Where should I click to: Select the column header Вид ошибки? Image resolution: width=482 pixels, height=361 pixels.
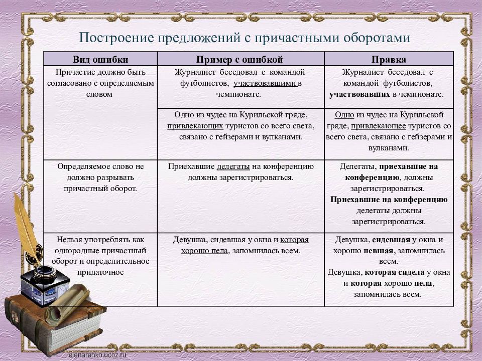(100, 60)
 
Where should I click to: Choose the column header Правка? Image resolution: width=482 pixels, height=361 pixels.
(389, 60)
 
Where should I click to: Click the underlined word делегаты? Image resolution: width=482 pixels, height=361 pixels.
(233, 166)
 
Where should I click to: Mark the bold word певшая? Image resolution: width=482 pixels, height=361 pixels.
(378, 251)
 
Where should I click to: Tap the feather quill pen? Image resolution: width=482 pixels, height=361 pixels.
(28, 226)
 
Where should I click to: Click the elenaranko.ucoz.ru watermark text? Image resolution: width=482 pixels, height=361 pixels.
(98, 355)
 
